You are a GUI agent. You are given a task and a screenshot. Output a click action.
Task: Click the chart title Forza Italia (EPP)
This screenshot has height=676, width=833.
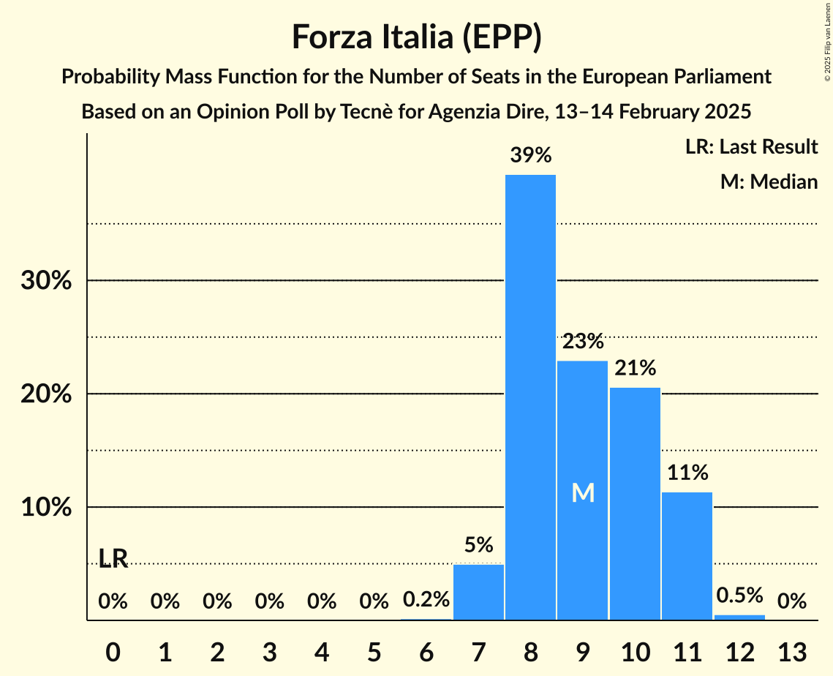416,37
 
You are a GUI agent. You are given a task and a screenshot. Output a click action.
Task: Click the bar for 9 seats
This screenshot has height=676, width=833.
582,490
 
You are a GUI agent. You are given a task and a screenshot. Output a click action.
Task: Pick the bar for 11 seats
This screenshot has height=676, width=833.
687,556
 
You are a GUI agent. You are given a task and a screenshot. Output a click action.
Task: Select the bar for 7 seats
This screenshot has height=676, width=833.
478,592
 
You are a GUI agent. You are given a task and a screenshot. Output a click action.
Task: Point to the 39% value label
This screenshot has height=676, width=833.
531,155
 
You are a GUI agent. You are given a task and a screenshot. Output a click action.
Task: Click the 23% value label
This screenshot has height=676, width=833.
583,341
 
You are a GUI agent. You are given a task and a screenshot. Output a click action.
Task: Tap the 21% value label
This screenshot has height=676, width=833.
635,367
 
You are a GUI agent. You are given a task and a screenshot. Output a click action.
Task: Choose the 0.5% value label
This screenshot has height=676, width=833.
739,595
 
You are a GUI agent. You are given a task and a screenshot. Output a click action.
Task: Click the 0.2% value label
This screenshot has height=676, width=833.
426,600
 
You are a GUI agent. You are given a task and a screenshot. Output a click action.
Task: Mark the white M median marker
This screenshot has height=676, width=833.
583,493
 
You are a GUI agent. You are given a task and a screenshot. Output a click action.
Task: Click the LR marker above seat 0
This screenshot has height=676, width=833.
113,559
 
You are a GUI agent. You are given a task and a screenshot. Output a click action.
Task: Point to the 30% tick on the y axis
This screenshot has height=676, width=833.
46,281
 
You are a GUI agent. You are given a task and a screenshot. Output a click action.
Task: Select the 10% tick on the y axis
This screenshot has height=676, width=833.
46,507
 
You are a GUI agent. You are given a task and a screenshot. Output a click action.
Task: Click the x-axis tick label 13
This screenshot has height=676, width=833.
791,651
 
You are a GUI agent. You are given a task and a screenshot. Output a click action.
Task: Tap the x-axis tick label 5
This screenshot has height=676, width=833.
374,651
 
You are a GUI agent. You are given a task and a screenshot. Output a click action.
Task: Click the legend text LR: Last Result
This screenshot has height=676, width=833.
751,147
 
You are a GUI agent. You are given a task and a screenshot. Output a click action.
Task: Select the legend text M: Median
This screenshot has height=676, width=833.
769,181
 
